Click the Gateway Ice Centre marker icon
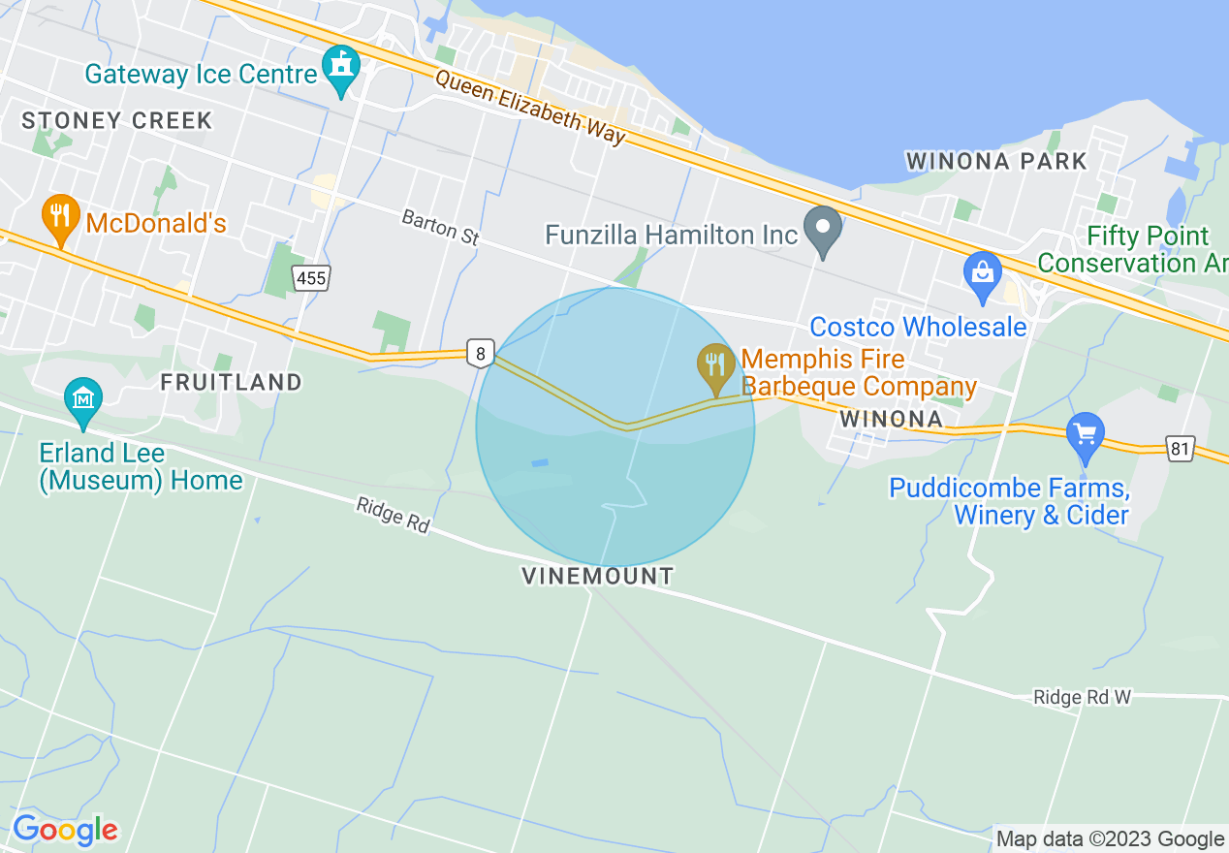click(x=340, y=69)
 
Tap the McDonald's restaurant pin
click(x=60, y=219)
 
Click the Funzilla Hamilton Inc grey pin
click(x=824, y=231)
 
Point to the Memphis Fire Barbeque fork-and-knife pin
click(x=716, y=367)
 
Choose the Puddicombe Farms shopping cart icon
click(x=1085, y=435)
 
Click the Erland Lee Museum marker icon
click(x=83, y=400)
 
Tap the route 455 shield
click(x=312, y=279)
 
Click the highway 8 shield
click(x=480, y=354)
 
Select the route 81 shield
click(x=1180, y=449)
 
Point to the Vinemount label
click(x=597, y=576)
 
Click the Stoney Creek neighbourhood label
click(x=116, y=121)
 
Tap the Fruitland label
click(x=231, y=382)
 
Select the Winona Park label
click(x=996, y=161)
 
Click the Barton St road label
click(x=440, y=228)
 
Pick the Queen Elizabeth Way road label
click(x=530, y=108)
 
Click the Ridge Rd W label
click(x=1082, y=697)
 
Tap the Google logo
click(x=65, y=830)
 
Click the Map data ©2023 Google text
click(x=1111, y=838)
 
